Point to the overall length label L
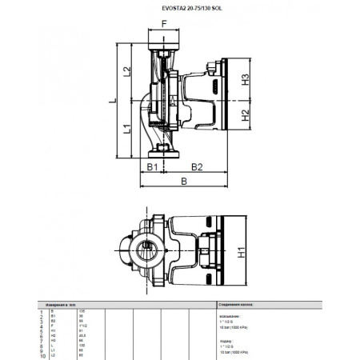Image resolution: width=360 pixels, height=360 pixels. click(x=113, y=101)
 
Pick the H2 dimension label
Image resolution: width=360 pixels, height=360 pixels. click(x=247, y=115)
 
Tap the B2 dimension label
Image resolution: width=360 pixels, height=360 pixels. click(x=198, y=166)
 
